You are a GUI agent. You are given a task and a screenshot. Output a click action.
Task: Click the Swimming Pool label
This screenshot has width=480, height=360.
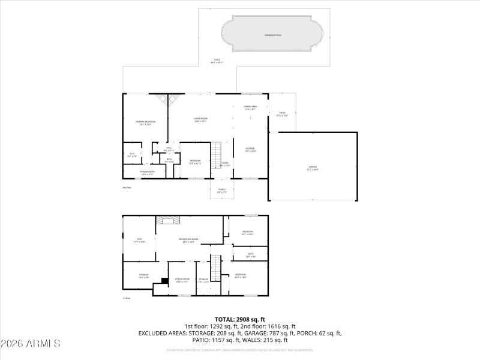(x=273, y=35)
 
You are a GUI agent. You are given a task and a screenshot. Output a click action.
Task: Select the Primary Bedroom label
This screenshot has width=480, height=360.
(x=145, y=122)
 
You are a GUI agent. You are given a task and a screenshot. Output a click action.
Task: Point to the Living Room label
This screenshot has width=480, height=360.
(x=200, y=119)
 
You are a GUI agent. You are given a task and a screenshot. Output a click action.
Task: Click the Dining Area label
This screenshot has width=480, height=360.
(x=250, y=107)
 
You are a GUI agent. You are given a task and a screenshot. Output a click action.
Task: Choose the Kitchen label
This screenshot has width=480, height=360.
(x=250, y=150)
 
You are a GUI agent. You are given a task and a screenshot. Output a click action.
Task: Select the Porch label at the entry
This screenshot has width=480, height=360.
(x=221, y=191)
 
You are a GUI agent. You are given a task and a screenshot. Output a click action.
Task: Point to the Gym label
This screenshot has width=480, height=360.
(x=139, y=240)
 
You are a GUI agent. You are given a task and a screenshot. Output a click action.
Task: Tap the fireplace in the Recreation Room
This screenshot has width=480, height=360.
(x=167, y=220)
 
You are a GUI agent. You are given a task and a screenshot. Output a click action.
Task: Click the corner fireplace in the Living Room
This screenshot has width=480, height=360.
(x=167, y=99)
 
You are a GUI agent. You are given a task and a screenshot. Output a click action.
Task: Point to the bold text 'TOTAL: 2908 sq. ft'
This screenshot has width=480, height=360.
(x=240, y=319)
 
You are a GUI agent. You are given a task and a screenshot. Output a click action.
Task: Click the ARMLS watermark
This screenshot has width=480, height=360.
(x=31, y=344)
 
